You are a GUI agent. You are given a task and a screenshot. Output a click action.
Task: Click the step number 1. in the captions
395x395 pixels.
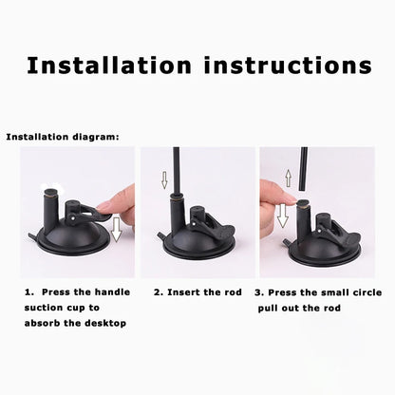click(x=29, y=292)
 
